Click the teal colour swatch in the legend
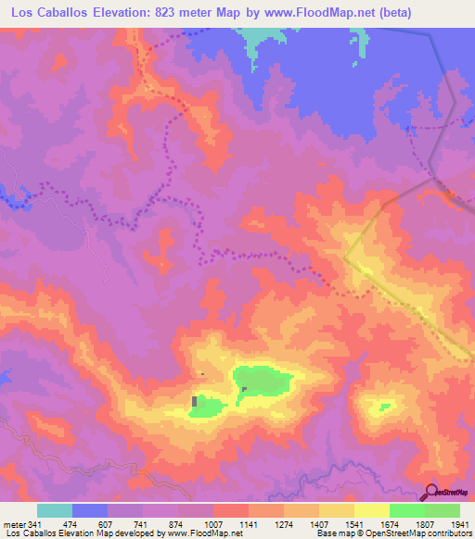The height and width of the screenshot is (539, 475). pyautogui.click(x=55, y=510)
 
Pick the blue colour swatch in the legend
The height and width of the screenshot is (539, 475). pyautogui.click(x=90, y=510)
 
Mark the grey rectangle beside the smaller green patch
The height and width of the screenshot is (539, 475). pyautogui.click(x=194, y=401)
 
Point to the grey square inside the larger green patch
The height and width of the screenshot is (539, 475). pyautogui.click(x=244, y=390)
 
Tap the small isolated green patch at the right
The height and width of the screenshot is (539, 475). pyautogui.click(x=383, y=406)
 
